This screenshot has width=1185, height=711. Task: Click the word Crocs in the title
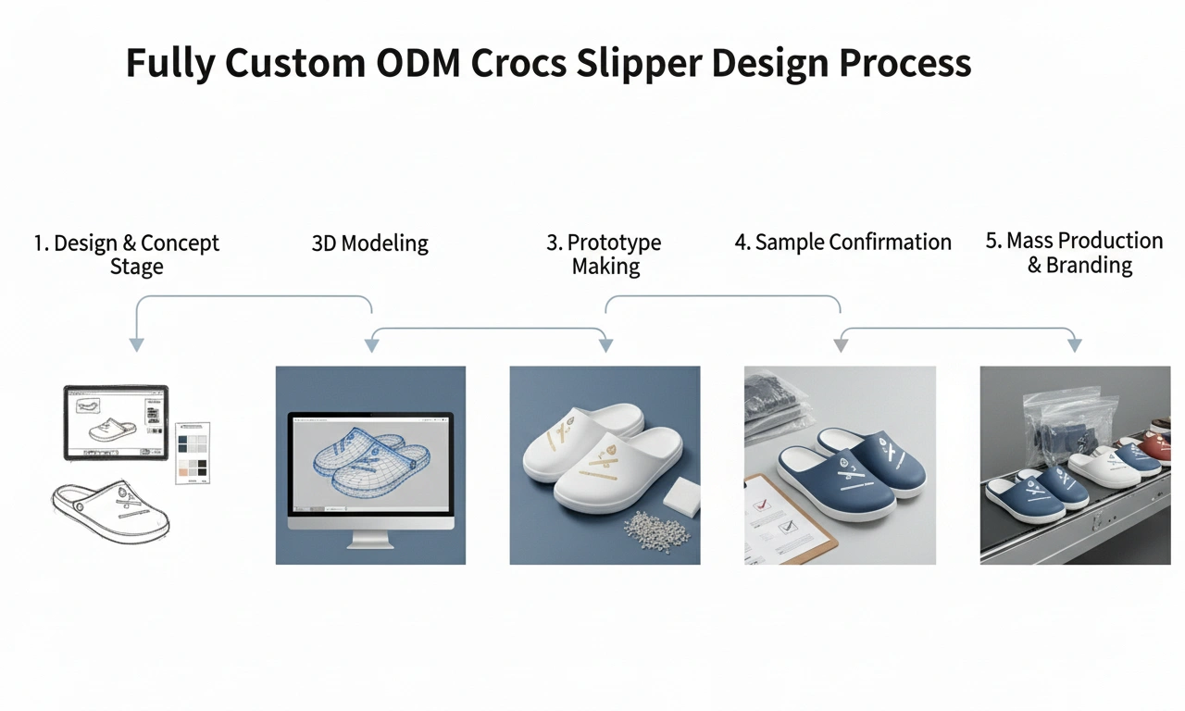(535, 64)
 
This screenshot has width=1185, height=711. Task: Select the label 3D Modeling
(370, 244)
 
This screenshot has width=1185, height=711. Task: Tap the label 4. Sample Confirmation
(842, 243)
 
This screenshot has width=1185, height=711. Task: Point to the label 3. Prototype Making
(605, 255)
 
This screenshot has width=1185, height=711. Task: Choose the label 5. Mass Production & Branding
(1074, 253)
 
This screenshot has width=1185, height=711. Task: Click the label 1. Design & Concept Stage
(127, 255)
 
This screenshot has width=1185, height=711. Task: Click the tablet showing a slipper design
(115, 422)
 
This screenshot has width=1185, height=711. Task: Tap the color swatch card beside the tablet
(193, 452)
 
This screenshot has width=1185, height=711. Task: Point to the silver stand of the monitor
(370, 537)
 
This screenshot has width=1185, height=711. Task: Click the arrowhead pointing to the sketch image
(136, 344)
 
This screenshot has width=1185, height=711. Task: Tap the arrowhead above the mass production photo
(1074, 344)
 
